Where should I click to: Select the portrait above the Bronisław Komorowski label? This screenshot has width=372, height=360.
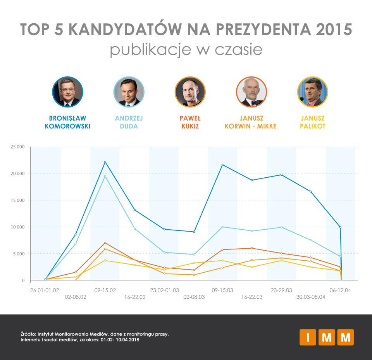(x=67, y=92)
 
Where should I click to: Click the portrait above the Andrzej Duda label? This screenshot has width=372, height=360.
(x=129, y=92)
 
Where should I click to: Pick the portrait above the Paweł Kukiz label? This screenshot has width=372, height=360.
(x=190, y=92)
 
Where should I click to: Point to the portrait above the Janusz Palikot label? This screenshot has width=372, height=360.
(x=312, y=92)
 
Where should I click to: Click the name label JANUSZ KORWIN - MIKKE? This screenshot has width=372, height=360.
(x=251, y=122)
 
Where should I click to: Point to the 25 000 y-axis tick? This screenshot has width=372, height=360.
(x=17, y=147)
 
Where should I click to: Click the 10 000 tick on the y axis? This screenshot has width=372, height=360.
(x=17, y=227)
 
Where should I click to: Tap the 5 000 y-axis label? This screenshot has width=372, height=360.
(x=19, y=254)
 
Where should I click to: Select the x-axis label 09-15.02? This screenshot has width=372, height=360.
(x=105, y=290)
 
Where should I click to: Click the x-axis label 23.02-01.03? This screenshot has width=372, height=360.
(x=164, y=290)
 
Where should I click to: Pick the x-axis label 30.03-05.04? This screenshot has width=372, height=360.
(x=311, y=297)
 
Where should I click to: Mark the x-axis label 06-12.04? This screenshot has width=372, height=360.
(x=340, y=290)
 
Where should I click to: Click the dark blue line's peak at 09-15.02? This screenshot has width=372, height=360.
(x=105, y=162)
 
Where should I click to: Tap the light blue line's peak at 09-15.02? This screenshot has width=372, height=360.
(x=105, y=177)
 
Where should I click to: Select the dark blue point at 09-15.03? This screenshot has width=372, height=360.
(x=222, y=165)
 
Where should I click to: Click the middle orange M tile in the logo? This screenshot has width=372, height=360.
(x=327, y=337)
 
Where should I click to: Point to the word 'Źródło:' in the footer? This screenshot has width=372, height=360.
(x=28, y=334)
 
